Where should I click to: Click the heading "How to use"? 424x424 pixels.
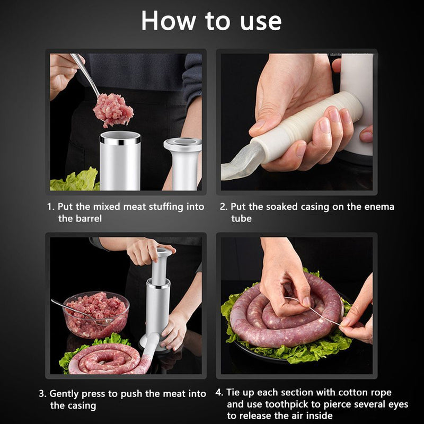click(211, 21)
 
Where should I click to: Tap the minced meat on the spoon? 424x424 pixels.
click(113, 110)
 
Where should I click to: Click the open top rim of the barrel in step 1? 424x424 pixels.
click(120, 137)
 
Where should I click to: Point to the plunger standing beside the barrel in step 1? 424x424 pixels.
click(183, 164)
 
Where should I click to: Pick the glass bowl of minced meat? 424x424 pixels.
click(96, 314)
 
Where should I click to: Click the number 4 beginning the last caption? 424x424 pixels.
click(218, 392)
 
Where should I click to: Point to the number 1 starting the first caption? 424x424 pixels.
click(50, 207)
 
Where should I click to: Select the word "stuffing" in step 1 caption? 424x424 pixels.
click(166, 207)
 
